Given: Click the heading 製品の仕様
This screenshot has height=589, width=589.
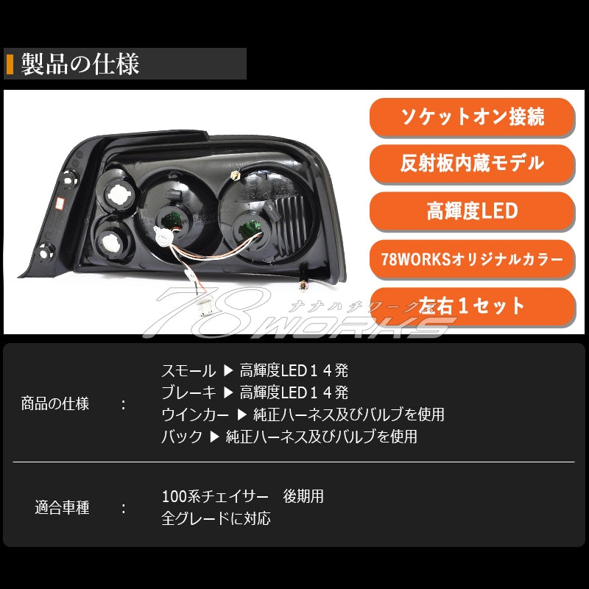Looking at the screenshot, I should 80,64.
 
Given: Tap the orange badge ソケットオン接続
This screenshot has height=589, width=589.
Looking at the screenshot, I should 471,116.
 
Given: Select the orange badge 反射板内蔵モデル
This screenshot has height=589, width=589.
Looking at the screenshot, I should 471,163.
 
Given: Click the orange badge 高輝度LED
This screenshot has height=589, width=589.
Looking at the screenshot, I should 471,211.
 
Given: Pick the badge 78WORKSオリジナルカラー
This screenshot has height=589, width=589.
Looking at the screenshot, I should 471,259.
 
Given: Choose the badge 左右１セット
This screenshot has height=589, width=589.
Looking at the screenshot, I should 471,306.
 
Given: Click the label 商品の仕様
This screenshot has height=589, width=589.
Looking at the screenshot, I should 55,403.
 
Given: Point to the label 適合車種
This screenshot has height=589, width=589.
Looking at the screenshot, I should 62,508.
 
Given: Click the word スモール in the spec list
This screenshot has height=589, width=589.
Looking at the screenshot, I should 188,370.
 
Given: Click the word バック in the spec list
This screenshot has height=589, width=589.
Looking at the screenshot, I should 182,437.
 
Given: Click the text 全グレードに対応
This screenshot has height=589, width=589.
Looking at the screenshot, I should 216,518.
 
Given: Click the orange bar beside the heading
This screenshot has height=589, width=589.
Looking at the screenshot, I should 10,64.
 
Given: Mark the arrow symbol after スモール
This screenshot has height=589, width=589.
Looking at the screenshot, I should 228,370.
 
